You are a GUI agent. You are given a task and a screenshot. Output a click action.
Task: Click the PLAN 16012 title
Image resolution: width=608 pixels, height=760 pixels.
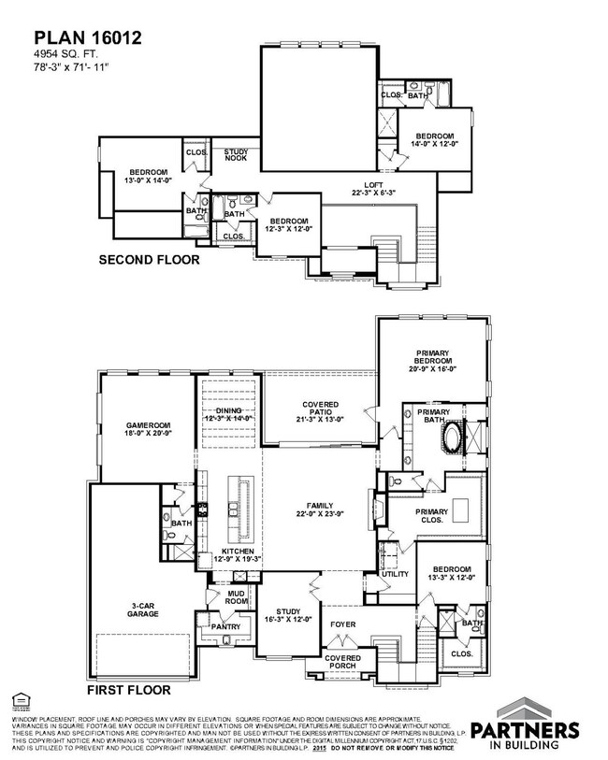[76, 37]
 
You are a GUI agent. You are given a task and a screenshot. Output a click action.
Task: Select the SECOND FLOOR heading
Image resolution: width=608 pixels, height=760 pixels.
[149, 260]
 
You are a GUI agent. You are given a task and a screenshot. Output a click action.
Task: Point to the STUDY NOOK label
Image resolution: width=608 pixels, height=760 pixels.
[234, 155]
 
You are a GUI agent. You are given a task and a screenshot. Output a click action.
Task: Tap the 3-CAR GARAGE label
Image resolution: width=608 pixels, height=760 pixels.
[143, 609]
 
